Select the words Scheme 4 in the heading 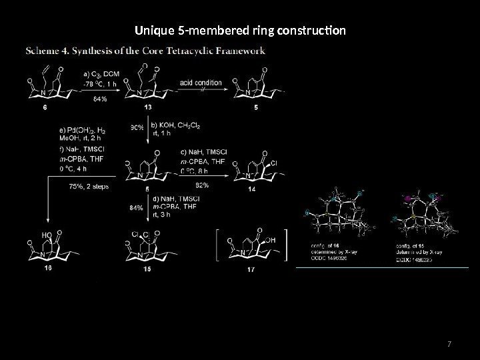tap(47, 50)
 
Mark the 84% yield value tap(135, 207)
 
